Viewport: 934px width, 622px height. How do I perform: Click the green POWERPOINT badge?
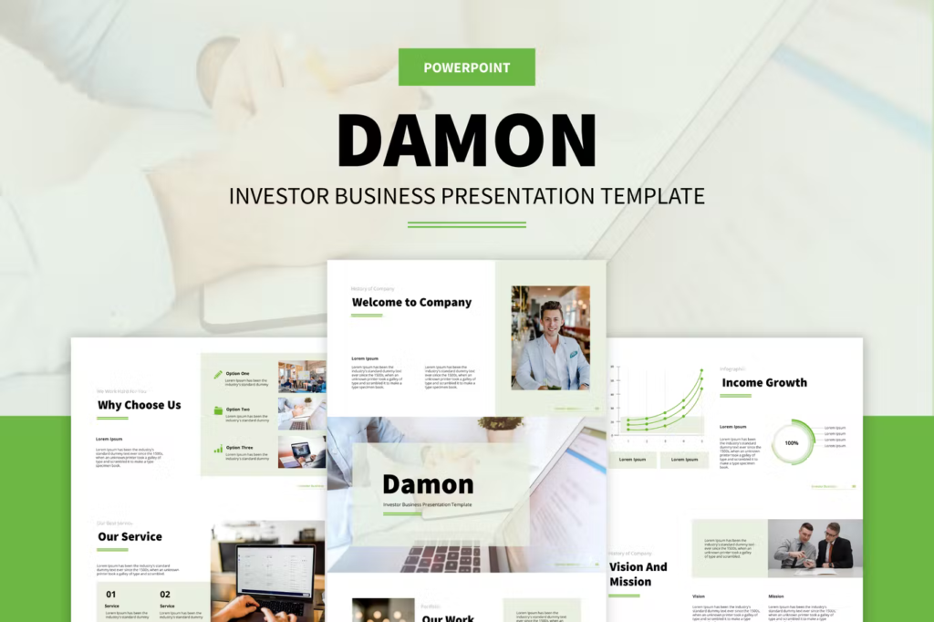466,67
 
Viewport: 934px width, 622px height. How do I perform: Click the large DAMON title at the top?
466,140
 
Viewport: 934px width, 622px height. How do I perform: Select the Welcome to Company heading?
411,302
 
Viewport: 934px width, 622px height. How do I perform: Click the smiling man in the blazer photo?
550,338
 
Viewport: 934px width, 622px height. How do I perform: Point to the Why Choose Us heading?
139,405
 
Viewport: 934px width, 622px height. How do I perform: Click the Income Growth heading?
764,382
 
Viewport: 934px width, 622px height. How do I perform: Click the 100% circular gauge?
792,442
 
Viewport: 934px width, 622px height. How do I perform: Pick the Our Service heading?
130,536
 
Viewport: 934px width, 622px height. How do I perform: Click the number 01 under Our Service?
111,594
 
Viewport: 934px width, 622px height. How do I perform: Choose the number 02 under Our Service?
165,594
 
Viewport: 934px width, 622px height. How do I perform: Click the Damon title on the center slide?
428,484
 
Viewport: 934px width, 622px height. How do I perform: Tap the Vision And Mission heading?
638,574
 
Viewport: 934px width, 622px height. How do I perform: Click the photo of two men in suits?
815,547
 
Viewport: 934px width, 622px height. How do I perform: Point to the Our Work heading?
447,617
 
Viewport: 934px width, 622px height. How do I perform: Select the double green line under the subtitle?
466,224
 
